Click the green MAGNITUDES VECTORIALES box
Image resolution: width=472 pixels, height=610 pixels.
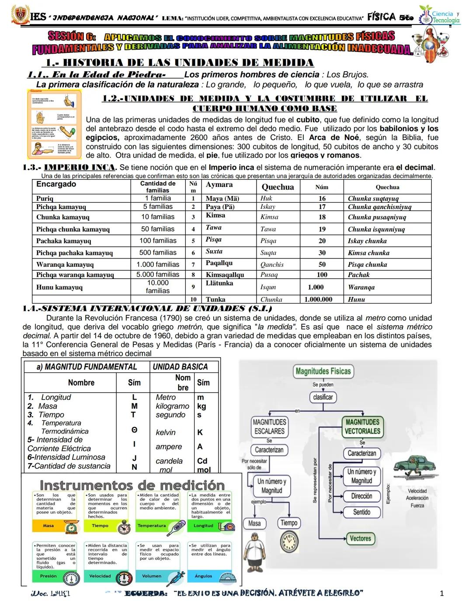362,427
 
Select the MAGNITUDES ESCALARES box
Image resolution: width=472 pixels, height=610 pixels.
269,427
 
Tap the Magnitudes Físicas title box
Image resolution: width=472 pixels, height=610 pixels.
323,372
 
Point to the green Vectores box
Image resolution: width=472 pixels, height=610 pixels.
360,538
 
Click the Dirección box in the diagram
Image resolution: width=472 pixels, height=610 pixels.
361,496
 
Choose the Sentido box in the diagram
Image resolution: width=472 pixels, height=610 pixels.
361,512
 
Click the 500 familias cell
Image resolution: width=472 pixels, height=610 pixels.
158,252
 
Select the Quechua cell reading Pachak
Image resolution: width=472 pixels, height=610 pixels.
358,275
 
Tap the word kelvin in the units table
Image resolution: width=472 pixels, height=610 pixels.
166,432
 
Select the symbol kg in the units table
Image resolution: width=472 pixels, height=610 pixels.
201,406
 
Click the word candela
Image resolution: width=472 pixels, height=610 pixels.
169,461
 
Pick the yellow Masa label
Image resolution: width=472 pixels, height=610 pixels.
49,526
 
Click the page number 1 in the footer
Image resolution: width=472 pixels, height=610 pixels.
441,593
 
